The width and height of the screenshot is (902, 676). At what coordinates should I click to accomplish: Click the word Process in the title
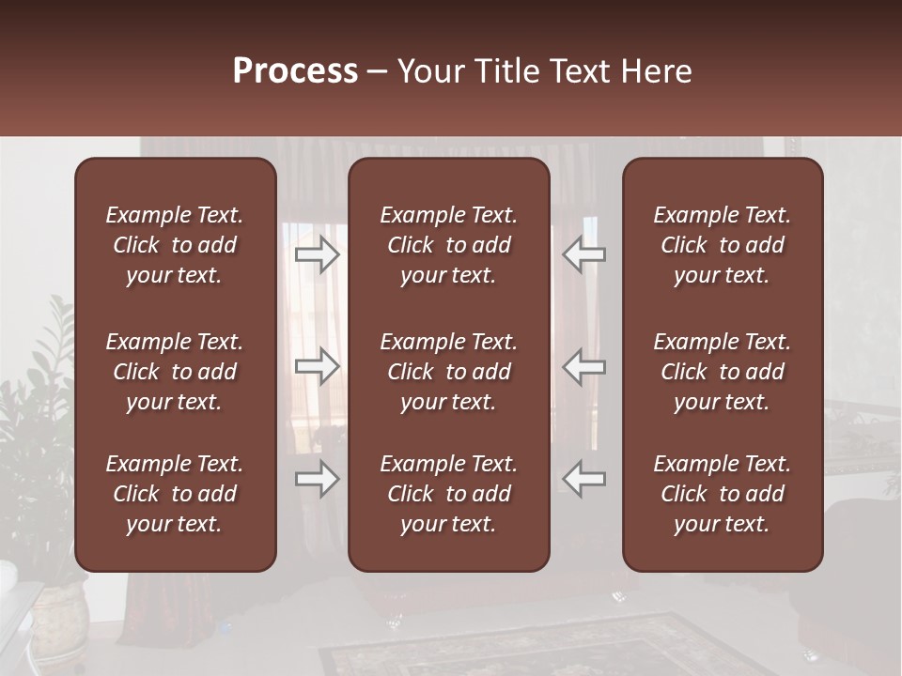(295, 71)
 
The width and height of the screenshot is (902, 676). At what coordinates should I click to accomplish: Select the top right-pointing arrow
(318, 254)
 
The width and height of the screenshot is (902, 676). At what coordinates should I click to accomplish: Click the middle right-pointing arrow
(318, 366)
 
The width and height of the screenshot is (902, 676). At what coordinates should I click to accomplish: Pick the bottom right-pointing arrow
(318, 479)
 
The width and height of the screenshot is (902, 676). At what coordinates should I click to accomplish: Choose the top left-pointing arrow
(583, 254)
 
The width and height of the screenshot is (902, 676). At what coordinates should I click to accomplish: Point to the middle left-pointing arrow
(583, 366)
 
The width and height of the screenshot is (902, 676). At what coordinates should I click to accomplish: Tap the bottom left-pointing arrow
(583, 479)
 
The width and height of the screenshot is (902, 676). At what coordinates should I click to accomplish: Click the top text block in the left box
(175, 245)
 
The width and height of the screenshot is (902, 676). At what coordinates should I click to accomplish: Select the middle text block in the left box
(175, 372)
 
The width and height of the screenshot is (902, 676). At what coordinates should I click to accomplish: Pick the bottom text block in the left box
(175, 494)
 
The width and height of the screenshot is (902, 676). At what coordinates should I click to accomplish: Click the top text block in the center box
(449, 245)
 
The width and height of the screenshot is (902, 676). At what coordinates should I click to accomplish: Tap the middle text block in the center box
(449, 372)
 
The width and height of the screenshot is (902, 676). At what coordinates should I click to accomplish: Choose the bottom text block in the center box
(449, 494)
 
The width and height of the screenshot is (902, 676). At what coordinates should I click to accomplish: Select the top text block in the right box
(723, 245)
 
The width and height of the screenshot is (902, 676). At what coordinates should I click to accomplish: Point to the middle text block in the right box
(723, 372)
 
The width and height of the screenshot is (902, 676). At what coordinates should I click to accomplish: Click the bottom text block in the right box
(723, 494)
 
